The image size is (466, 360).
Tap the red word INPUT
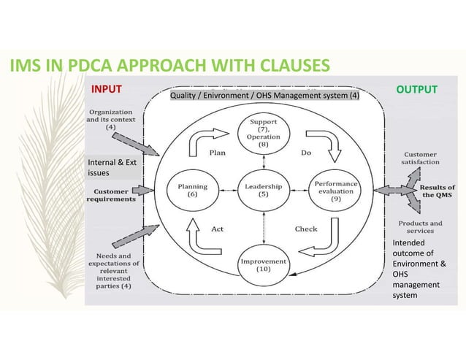coord(106,89)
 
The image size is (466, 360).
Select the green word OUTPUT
coord(416,89)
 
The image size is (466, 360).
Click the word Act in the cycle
coord(217,229)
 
